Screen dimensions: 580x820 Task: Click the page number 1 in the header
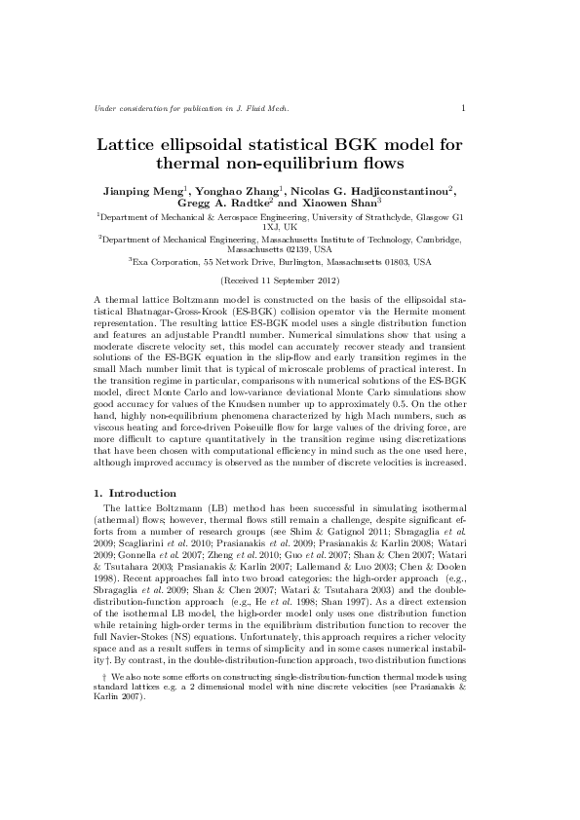pyautogui.click(x=463, y=108)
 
